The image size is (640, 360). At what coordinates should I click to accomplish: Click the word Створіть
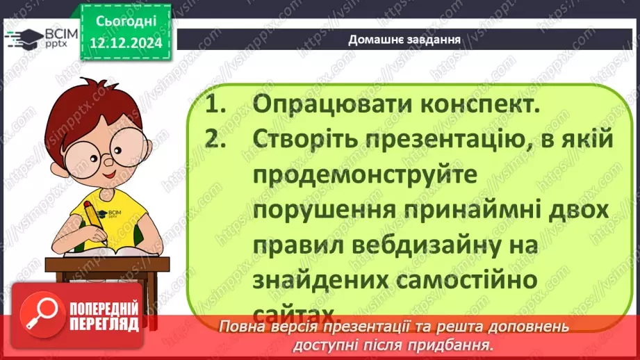pyautogui.click(x=307, y=140)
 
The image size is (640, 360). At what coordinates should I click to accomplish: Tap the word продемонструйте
pyautogui.click(x=365, y=175)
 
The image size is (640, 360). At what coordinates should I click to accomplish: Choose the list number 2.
pyautogui.click(x=218, y=140)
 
